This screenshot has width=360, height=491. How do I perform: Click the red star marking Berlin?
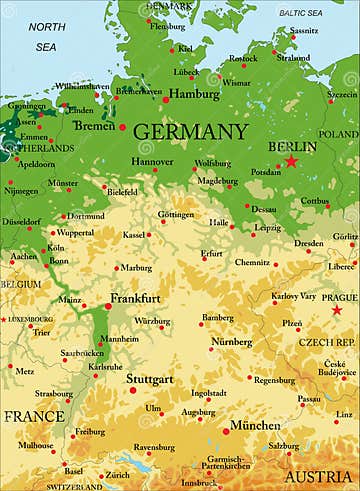(291, 161)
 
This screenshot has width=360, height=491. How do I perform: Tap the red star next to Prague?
(336, 310)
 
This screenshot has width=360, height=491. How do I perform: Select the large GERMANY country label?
(189, 132)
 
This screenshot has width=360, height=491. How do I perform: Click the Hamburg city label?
(194, 93)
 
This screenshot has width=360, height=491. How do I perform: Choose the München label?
(255, 425)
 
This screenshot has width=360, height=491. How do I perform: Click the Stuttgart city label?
(150, 379)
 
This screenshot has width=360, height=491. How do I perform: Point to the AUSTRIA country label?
(318, 477)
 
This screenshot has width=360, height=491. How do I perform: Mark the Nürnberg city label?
(231, 342)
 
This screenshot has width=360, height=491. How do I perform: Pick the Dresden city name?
(308, 243)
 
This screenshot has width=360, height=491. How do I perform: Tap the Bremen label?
(94, 126)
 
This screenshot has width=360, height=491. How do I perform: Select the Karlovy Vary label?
(296, 296)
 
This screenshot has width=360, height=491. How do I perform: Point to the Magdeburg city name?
(218, 180)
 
